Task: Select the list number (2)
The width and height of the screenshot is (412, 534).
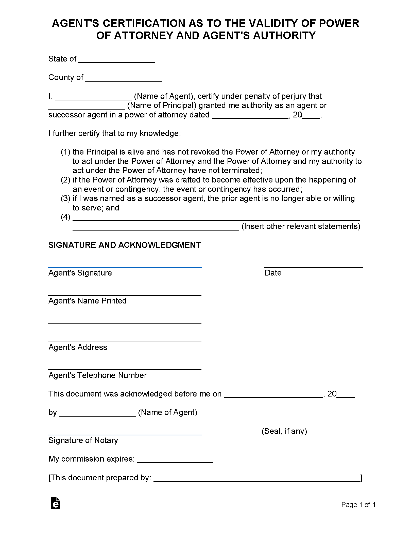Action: coord(65,180)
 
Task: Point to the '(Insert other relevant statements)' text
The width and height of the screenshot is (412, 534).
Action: coord(301,226)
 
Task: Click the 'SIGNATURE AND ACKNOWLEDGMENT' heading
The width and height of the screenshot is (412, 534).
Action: coord(124,245)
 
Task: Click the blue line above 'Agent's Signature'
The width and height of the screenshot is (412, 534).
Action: coord(125,267)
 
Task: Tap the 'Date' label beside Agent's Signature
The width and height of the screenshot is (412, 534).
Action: coord(273,273)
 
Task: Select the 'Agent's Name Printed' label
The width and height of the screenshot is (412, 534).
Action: coord(87,301)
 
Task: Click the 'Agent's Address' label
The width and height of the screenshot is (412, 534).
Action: coord(78,347)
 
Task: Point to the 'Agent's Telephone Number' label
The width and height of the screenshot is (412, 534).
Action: coord(97,375)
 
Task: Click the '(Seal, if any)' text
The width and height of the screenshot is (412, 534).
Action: coord(284,431)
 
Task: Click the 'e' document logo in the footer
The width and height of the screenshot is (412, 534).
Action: coord(55,503)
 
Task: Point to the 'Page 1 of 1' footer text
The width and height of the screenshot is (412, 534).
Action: coord(358,505)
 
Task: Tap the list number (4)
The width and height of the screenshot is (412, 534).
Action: coord(65,217)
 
